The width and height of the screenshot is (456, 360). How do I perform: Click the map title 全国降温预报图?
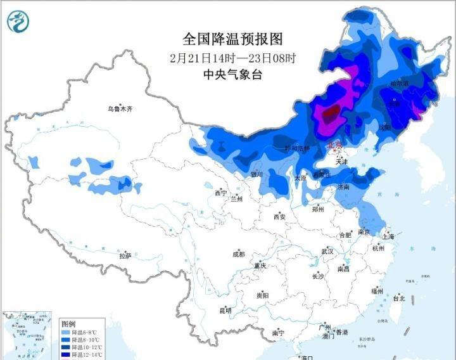(232, 39)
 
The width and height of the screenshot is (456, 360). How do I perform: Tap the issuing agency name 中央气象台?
(232, 75)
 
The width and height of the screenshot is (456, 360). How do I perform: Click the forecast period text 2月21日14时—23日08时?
(232, 58)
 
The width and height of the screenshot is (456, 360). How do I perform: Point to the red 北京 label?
(334, 145)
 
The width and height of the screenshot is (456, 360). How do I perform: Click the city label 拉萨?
(125, 255)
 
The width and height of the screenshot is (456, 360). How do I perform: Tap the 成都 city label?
(237, 254)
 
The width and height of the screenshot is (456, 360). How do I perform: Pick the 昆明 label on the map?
(225, 311)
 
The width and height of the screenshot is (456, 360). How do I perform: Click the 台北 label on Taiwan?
(398, 298)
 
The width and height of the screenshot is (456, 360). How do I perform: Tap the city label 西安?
(280, 217)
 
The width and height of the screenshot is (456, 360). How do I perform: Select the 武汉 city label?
(327, 252)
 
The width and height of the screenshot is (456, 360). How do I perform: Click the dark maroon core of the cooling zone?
(330, 115)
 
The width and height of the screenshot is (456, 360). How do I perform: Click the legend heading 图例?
(68, 323)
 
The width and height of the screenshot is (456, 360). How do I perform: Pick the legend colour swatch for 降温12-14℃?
(66, 355)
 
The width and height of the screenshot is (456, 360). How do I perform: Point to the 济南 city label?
(342, 188)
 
